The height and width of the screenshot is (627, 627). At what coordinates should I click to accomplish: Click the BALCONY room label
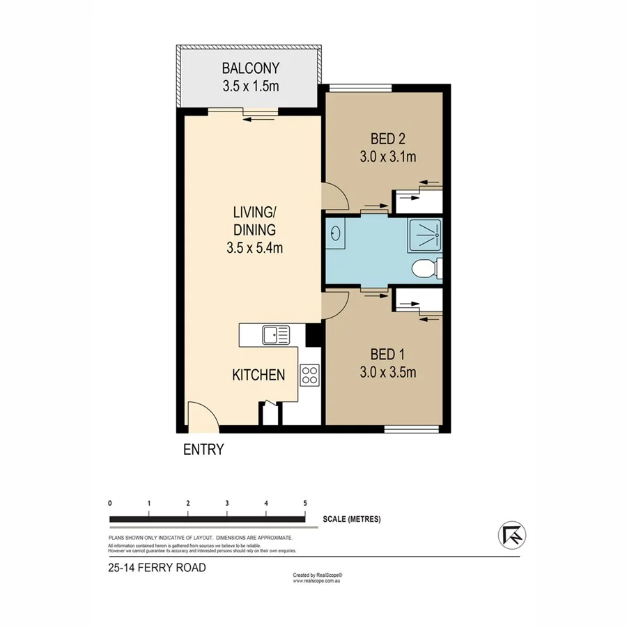pos(250,68)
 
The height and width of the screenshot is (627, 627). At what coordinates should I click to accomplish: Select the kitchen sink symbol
pos(276,336)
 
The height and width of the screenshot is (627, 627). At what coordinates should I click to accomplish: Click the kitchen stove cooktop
pos(309,376)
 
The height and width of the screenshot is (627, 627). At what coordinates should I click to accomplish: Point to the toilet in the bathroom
pos(424,269)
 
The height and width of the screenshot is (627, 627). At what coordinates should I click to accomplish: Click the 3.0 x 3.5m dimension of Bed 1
pos(388,372)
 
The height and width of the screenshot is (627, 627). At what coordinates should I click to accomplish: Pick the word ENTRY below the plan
pos(203,450)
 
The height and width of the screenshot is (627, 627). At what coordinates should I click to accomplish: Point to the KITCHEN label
pos(258,375)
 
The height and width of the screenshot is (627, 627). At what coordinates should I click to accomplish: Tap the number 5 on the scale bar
pos(305,502)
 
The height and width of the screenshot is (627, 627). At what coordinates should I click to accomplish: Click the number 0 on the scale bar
pos(110,502)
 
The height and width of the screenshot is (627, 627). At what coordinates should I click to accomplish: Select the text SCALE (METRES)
pos(352,519)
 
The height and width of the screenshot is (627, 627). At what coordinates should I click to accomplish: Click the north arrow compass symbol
pos(512,535)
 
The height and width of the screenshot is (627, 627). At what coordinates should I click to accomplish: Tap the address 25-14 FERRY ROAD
pos(157,568)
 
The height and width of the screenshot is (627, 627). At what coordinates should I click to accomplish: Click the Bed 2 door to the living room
pos(333,196)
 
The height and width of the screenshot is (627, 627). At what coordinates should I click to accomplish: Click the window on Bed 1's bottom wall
pos(412,428)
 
